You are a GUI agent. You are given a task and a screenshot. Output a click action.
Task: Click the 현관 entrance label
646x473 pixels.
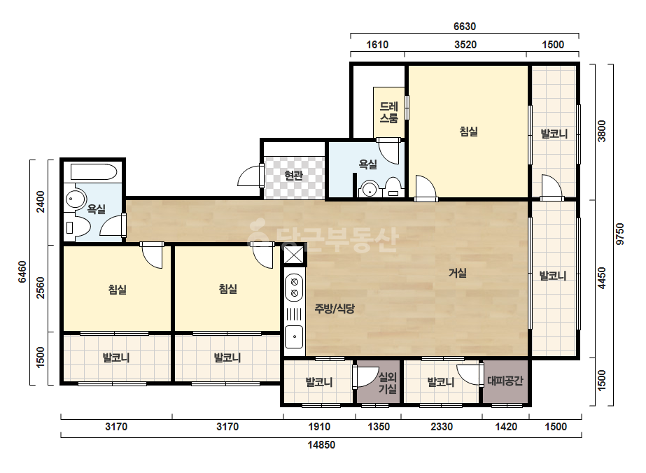click(294, 176)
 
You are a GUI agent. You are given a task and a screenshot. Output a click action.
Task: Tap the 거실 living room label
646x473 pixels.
click(457, 273)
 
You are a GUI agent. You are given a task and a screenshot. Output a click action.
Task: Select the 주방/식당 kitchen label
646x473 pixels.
click(334, 309)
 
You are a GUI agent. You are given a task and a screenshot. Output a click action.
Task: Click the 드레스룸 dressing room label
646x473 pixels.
click(389, 112)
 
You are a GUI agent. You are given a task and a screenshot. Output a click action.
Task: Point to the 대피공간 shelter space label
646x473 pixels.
click(505, 381)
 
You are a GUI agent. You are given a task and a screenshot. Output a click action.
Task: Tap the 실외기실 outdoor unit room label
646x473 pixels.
click(388, 383)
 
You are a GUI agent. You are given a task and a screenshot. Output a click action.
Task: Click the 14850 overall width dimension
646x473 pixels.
click(321, 445)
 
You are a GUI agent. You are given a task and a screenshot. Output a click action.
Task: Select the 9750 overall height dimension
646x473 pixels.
click(619, 234)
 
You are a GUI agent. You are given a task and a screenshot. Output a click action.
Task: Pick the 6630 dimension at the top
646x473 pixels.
click(465, 27)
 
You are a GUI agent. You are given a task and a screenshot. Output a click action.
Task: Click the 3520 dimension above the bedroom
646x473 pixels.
click(465, 45)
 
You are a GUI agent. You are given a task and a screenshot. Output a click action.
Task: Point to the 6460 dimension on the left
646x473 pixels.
click(22, 272)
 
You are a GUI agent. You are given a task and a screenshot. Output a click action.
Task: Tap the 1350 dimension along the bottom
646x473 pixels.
click(379, 427)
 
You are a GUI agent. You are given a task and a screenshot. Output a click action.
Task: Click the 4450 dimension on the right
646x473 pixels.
click(602, 278)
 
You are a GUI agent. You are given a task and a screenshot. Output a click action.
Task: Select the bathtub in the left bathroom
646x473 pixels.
click(94, 172)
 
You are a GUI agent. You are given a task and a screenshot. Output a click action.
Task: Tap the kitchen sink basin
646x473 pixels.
click(294, 337)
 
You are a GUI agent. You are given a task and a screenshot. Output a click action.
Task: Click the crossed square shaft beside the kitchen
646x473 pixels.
click(294, 255)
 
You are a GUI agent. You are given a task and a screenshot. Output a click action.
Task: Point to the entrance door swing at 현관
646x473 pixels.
click(249, 176)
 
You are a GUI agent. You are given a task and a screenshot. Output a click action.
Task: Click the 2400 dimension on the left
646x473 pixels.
click(41, 202)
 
